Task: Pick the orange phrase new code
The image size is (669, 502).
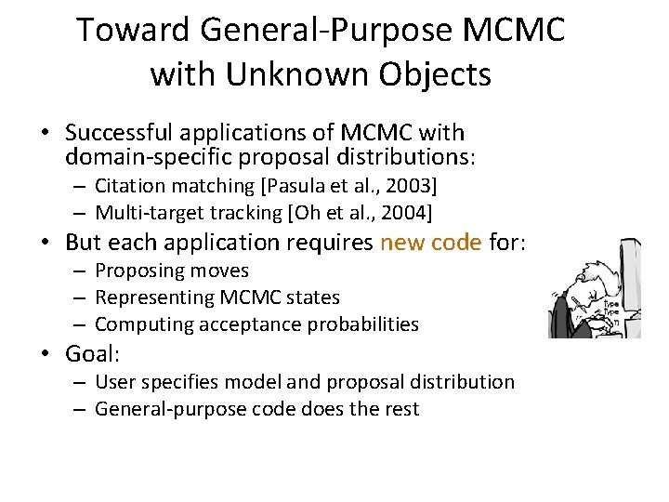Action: [x=430, y=243]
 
